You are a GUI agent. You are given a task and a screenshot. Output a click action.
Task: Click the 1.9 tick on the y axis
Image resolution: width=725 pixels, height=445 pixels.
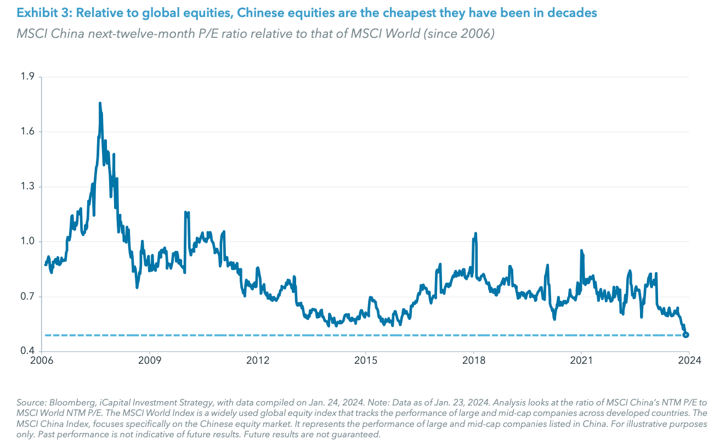pyautogui.click(x=27, y=77)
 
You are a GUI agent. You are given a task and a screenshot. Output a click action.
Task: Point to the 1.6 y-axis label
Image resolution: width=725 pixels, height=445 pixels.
pyautogui.click(x=27, y=132)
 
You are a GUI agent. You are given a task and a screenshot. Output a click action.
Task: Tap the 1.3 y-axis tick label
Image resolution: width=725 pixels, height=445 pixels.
pyautogui.click(x=27, y=187)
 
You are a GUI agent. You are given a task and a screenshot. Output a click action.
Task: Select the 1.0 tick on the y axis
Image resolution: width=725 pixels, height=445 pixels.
pyautogui.click(x=27, y=241)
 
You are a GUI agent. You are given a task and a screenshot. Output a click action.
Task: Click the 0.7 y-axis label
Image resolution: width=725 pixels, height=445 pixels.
pyautogui.click(x=27, y=297)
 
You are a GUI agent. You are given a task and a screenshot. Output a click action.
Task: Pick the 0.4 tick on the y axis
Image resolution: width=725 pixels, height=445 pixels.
pyautogui.click(x=27, y=351)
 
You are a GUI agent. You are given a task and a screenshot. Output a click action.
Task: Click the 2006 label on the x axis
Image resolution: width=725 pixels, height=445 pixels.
pyautogui.click(x=43, y=360)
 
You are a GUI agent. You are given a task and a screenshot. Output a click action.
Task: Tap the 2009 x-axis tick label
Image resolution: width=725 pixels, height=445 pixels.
pyautogui.click(x=150, y=360)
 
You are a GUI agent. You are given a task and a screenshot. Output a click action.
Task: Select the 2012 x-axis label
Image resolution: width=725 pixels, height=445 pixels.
pyautogui.click(x=258, y=360)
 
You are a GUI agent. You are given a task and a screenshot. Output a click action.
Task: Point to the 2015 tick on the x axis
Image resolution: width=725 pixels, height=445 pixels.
pyautogui.click(x=366, y=360)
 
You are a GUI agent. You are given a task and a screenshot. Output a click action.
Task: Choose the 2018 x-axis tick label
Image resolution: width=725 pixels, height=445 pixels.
pyautogui.click(x=473, y=360)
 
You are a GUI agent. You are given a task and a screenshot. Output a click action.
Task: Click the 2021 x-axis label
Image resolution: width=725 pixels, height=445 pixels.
pyautogui.click(x=581, y=360)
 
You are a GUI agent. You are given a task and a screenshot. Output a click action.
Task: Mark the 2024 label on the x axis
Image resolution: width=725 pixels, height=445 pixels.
pyautogui.click(x=689, y=360)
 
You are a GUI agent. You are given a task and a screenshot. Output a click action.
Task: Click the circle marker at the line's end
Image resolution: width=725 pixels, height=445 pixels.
pyautogui.click(x=686, y=335)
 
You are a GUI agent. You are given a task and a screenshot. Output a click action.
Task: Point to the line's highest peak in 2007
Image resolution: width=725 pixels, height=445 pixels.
pyautogui.click(x=100, y=103)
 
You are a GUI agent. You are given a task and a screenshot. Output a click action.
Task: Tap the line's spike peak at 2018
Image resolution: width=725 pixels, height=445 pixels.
pyautogui.click(x=475, y=233)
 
